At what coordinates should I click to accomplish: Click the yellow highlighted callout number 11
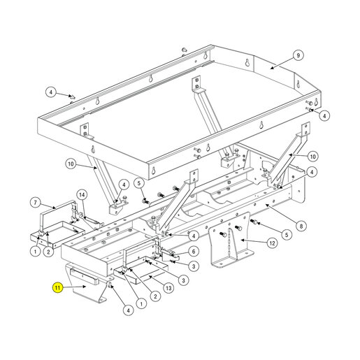click(x=57, y=287)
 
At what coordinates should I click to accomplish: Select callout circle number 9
click(x=298, y=55)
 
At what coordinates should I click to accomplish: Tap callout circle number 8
click(x=301, y=226)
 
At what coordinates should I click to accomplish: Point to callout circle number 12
click(x=272, y=243)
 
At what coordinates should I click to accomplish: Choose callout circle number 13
click(x=168, y=288)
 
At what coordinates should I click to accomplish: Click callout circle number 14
click(x=82, y=195)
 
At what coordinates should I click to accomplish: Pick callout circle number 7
click(x=36, y=202)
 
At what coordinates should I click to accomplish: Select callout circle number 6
click(x=194, y=252)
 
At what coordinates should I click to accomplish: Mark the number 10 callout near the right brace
click(x=312, y=157)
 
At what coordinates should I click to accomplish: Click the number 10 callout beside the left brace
click(x=71, y=164)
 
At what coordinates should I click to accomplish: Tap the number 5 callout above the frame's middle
click(x=139, y=183)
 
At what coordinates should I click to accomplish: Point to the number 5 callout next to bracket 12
click(x=287, y=235)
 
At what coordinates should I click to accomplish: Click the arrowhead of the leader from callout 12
click(x=242, y=240)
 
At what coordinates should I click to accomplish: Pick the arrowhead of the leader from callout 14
click(x=85, y=217)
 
